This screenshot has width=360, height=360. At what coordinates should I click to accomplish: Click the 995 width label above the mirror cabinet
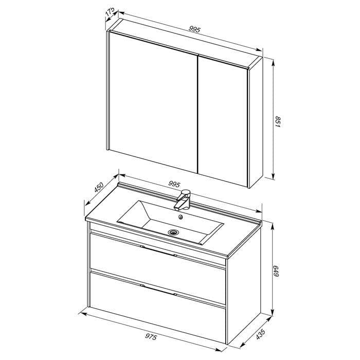point(195,29)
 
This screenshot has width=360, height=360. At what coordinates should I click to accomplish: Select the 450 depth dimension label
point(99,187)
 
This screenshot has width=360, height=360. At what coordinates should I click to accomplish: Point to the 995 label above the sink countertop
point(174,184)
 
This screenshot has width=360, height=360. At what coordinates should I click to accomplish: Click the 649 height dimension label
point(276,271)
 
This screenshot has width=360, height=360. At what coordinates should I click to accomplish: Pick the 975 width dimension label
point(151,337)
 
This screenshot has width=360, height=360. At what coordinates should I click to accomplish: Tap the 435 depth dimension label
point(261,334)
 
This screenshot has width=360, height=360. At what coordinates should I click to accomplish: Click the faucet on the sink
point(182,200)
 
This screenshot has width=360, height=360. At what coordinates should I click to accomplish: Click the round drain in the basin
point(173,232)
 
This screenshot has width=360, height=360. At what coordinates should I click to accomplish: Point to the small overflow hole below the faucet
point(181,217)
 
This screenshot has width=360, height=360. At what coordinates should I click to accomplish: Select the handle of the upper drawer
point(159,251)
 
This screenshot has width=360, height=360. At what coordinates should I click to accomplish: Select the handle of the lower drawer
point(159,290)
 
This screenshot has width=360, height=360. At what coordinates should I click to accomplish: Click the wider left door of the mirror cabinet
point(153,102)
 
